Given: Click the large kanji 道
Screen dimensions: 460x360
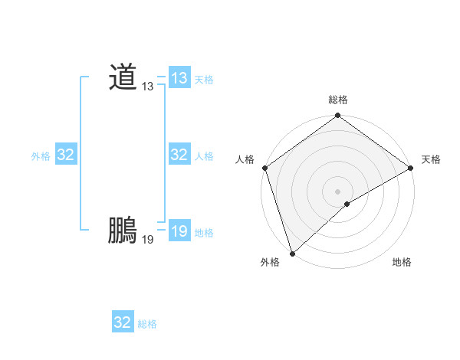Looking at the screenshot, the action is coord(123,77).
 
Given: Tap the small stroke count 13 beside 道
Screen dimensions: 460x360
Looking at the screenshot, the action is coord(147,87).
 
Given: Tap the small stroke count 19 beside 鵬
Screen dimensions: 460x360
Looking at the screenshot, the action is coord(147,240).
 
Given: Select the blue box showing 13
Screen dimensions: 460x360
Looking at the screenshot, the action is coord(179,78).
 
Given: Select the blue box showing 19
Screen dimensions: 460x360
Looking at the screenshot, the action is coord(179,231).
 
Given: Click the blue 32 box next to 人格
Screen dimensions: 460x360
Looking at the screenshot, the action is coord(179,155).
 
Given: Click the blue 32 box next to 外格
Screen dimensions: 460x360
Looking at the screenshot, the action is coord(66,155).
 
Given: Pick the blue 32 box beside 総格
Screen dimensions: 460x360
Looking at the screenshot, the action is coord(123,322).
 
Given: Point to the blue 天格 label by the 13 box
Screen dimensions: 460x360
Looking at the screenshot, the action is coord(204,80).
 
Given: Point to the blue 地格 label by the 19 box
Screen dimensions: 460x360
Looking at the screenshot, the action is coord(204,233).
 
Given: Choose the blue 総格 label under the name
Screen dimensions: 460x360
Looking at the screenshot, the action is coord(147,324).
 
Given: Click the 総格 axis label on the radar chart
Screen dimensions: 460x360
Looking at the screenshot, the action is coord(338,100).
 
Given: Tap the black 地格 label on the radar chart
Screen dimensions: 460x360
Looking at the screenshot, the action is coord(402,263).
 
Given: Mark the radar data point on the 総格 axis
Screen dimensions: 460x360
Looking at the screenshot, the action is coord(338,116).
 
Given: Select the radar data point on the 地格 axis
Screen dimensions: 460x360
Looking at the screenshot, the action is coord(347,204).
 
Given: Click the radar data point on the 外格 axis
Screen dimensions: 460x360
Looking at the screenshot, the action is coord(292,253).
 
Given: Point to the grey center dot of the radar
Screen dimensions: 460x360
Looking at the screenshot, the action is coord(338,191).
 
